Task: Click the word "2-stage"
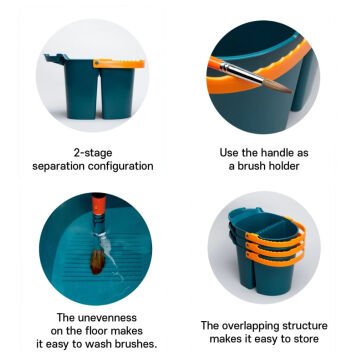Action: coord(93,153)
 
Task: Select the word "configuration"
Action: coord(123,166)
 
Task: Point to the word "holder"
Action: coord(282,166)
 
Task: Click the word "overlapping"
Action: coord(249,326)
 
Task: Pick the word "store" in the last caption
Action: coord(304,339)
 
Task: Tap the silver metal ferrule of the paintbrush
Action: coord(242,74)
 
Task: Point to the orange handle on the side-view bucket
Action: coord(119,64)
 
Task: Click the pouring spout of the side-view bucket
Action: coord(53,58)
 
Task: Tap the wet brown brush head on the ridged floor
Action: coord(98,261)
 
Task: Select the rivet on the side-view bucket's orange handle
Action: coord(97,63)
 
